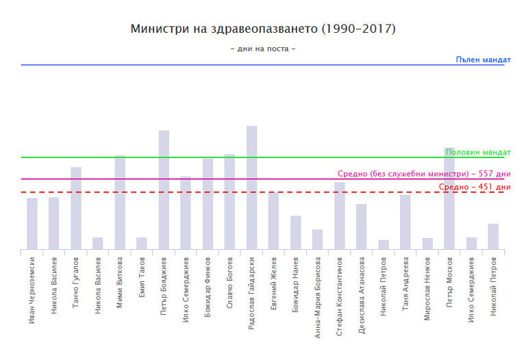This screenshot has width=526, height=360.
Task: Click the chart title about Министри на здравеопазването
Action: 263,29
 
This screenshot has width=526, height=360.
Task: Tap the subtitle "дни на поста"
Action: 263,49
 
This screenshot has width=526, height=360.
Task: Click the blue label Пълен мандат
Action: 483,60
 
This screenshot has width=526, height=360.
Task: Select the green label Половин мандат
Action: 477,152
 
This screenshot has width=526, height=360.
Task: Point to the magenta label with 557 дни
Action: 424,174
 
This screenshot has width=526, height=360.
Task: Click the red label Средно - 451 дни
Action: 475,187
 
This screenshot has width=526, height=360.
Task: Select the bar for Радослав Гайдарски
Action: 251,188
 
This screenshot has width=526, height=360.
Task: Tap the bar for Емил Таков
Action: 142,243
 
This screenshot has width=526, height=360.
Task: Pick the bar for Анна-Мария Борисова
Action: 317,239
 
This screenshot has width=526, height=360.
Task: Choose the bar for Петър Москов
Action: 449,198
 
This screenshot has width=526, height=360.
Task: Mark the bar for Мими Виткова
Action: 120,202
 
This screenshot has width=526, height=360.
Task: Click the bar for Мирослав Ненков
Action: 427,244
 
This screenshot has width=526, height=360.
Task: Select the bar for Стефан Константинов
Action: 340,216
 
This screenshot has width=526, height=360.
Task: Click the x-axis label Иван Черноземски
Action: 32,288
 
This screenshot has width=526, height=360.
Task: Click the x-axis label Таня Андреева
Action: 405,283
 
